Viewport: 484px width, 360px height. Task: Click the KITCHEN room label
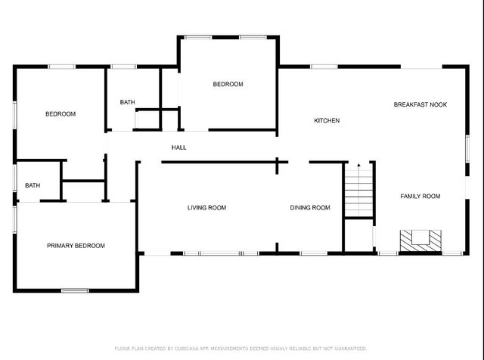pos(327,121)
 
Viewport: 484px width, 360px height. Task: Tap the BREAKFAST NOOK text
pos(420,104)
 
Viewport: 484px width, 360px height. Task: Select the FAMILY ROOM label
pos(420,196)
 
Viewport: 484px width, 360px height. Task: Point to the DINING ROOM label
pos(310,208)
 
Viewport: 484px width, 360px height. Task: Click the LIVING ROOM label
pos(206,208)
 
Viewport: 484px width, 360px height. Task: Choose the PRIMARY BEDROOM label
pos(76,246)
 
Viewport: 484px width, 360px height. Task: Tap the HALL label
pos(178,147)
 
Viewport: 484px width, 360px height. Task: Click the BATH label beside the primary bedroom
pos(33,185)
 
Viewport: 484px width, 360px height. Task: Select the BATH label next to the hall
pos(127,102)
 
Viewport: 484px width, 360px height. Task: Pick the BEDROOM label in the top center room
pos(228,85)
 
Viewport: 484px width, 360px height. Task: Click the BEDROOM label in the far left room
pos(60,114)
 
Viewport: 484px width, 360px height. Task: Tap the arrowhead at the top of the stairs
pos(358,164)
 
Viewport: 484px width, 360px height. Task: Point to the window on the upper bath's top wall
pos(124,67)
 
